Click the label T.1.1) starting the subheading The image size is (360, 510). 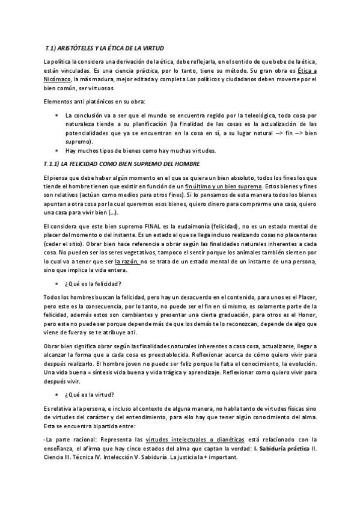55,164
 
